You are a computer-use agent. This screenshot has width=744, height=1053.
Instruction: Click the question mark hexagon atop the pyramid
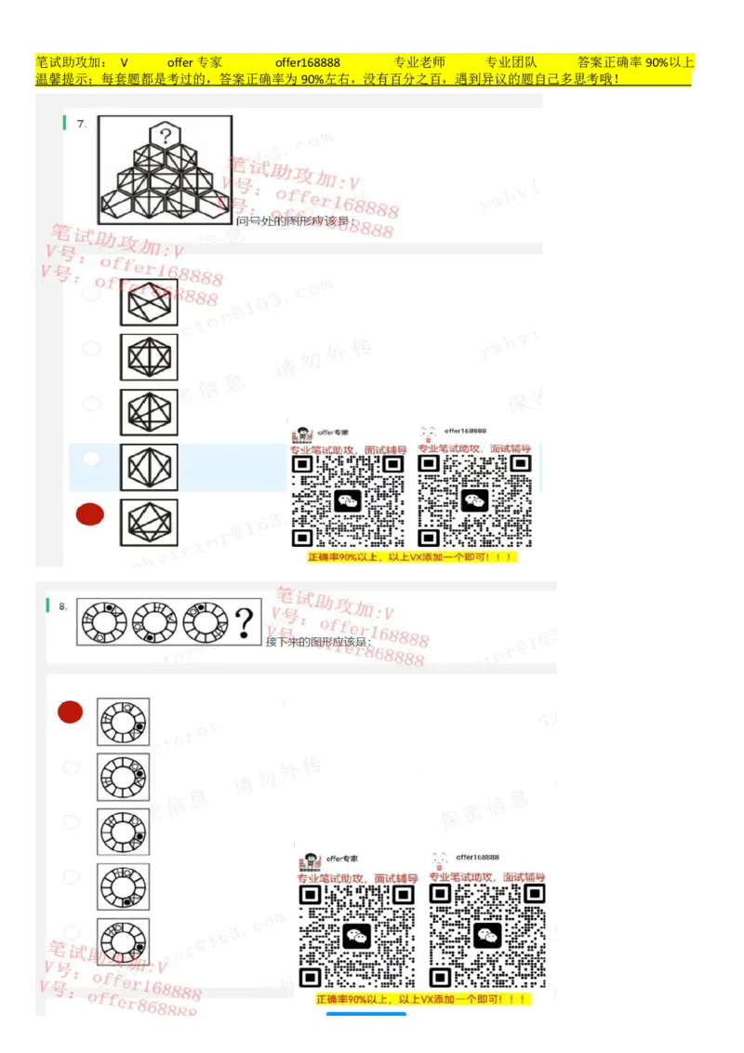(166, 135)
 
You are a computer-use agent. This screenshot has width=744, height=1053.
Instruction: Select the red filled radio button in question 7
(90, 514)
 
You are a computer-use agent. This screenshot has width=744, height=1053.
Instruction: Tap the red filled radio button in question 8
(70, 713)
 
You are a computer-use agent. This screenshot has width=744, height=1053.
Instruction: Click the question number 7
(82, 123)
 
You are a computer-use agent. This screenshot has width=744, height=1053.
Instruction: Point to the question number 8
(63, 606)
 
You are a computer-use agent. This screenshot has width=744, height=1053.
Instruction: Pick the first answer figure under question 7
(149, 302)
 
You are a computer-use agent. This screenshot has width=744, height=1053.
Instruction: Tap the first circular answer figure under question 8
(123, 722)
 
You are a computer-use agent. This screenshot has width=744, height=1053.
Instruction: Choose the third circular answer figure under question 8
(123, 832)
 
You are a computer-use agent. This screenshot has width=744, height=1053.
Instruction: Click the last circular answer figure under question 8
(123, 941)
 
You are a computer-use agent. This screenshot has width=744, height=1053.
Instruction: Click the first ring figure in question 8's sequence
(104, 622)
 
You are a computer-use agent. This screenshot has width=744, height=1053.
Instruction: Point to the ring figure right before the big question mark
(206, 622)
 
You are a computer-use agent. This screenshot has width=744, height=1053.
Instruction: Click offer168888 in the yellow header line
(307, 62)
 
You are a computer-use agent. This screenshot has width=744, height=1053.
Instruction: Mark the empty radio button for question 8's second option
(71, 767)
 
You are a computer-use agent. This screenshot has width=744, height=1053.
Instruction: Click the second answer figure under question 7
(149, 357)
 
